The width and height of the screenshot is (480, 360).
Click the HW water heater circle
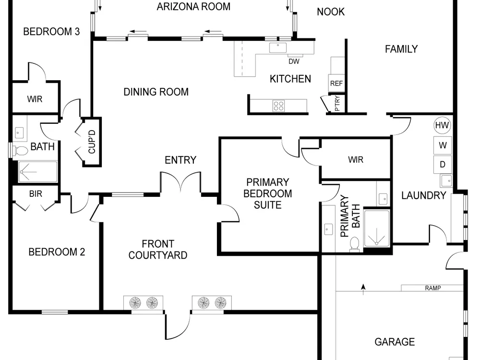pos(443,125)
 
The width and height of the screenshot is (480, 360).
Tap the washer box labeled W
pos(443,145)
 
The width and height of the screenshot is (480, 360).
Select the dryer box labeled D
pos(443,164)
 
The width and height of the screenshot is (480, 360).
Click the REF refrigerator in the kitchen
pos(336,83)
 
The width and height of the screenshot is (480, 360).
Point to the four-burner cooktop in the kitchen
pos(278,106)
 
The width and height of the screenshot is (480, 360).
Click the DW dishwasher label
pos(294,61)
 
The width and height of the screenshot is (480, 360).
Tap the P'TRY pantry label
pos(337,104)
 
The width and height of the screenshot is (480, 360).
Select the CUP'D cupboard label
pos(92,142)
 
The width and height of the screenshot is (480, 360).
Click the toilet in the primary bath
pos(355,244)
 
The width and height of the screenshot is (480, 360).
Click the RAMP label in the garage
pos(433,288)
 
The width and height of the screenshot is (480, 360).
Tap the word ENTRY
pos(180,160)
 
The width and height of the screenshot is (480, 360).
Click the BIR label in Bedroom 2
pos(36,194)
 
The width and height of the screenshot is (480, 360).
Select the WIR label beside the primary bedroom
pos(356,159)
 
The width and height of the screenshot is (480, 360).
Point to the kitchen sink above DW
pos(278,48)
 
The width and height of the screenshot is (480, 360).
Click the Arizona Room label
pos(193,7)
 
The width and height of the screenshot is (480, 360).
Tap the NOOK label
pos(331,12)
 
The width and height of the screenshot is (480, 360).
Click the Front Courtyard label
pos(158,250)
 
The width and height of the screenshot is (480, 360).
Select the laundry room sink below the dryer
pos(446,180)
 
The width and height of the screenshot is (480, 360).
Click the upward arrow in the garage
pos(363,289)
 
